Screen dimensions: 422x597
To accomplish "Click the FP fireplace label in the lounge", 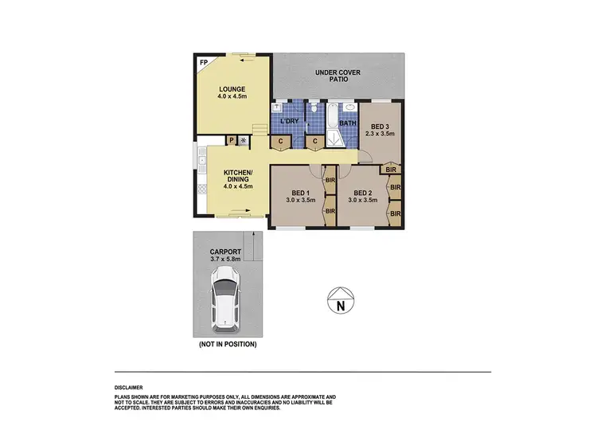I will tap(203, 61).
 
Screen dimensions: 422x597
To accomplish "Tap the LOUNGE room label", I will tap(232, 88).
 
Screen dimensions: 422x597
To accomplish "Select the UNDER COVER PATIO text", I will tap(338, 76).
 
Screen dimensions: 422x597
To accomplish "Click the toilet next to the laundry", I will tap(315, 109).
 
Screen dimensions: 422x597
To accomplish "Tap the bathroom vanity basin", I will tap(350, 108).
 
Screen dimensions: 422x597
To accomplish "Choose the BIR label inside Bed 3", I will tap(390, 169).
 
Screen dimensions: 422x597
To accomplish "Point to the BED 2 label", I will tap(363, 193).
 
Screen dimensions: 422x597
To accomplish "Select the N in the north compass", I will tap(340, 304).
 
